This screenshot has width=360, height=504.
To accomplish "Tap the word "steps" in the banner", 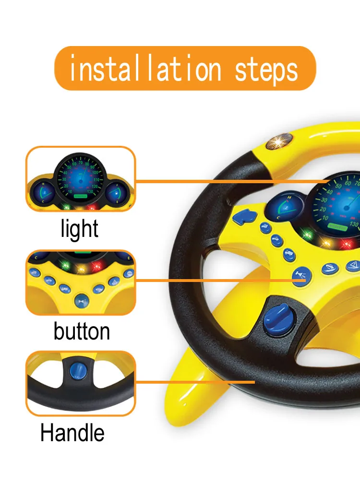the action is tap(266, 70).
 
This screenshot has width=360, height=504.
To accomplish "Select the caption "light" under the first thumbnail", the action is tap(80, 229).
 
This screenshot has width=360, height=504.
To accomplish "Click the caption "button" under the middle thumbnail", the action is tap(82, 331).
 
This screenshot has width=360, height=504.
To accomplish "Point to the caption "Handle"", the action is tap(72, 433).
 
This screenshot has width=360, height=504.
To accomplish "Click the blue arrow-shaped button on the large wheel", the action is tap(242, 217).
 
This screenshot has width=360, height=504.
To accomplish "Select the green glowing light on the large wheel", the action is tap(307, 235).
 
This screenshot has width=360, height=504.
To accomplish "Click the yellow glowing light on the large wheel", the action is tap(327, 243).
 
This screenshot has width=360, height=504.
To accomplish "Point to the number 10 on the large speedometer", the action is tap(324, 218).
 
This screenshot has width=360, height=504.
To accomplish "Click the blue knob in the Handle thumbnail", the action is tap(76, 371).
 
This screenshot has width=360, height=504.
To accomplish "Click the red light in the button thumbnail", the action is tap(97, 266).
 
